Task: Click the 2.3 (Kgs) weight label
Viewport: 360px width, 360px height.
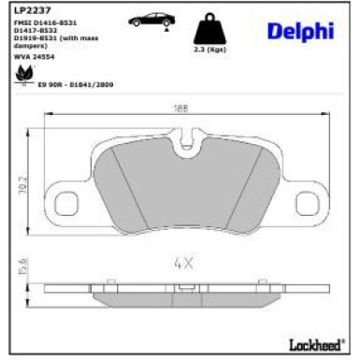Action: pyautogui.click(x=210, y=50)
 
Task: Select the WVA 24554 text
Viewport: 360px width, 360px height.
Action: pyautogui.click(x=34, y=56)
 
